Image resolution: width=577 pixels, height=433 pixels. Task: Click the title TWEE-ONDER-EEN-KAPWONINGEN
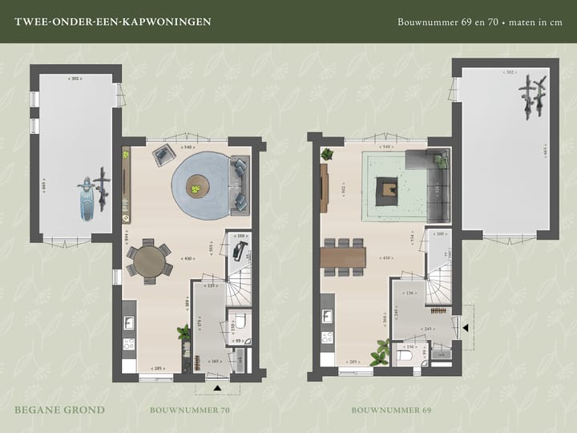pyautogui.click(x=113, y=22)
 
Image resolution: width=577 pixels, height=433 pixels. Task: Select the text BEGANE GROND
pyautogui.click(x=59, y=410)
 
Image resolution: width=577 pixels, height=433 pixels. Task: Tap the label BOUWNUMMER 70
pyautogui.click(x=190, y=410)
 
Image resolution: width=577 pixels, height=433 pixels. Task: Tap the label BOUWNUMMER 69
pyautogui.click(x=391, y=410)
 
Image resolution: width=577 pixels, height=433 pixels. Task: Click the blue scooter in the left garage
pyautogui.click(x=85, y=196)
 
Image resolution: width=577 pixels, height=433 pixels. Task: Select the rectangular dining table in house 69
pyautogui.click(x=343, y=257)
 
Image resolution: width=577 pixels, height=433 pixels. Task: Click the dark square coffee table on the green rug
pyautogui.click(x=388, y=189)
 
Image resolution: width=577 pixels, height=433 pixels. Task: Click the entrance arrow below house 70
pyautogui.click(x=217, y=388)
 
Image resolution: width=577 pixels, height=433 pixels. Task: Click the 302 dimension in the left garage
pyautogui.click(x=75, y=79)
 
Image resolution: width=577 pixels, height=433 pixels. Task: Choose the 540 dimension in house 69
pyautogui.click(x=387, y=148)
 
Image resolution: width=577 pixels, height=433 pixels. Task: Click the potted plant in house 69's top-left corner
pyautogui.click(x=327, y=155)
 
